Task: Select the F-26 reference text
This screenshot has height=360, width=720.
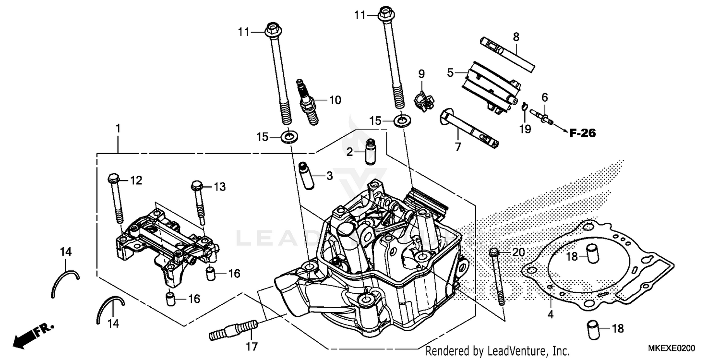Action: pos(582,133)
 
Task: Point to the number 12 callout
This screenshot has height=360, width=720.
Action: pos(136,180)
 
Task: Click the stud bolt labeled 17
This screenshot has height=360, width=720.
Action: pos(234,331)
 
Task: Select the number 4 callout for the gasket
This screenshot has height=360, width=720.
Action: pos(551,315)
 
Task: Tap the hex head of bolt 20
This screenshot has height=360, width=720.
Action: pos(494,252)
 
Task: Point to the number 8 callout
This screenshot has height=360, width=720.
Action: pos(516,37)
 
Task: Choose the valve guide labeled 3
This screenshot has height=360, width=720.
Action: pos(306,176)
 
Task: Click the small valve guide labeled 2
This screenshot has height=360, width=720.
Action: pos(370,151)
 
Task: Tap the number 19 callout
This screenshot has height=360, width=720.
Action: pos(525,129)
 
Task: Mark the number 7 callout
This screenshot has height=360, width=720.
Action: pos(457,146)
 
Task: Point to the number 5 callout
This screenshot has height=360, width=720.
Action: pos(450,73)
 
